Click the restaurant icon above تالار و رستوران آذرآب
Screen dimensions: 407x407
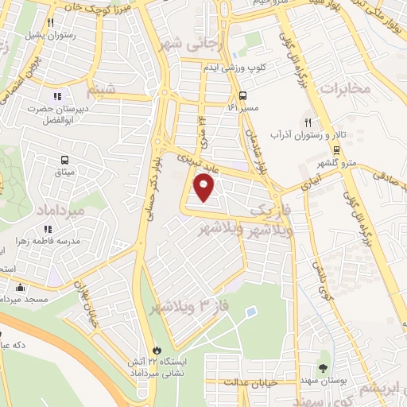click(x=307, y=122)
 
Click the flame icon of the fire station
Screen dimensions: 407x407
click(x=157, y=349)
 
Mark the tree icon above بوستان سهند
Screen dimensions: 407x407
click(x=324, y=367)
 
